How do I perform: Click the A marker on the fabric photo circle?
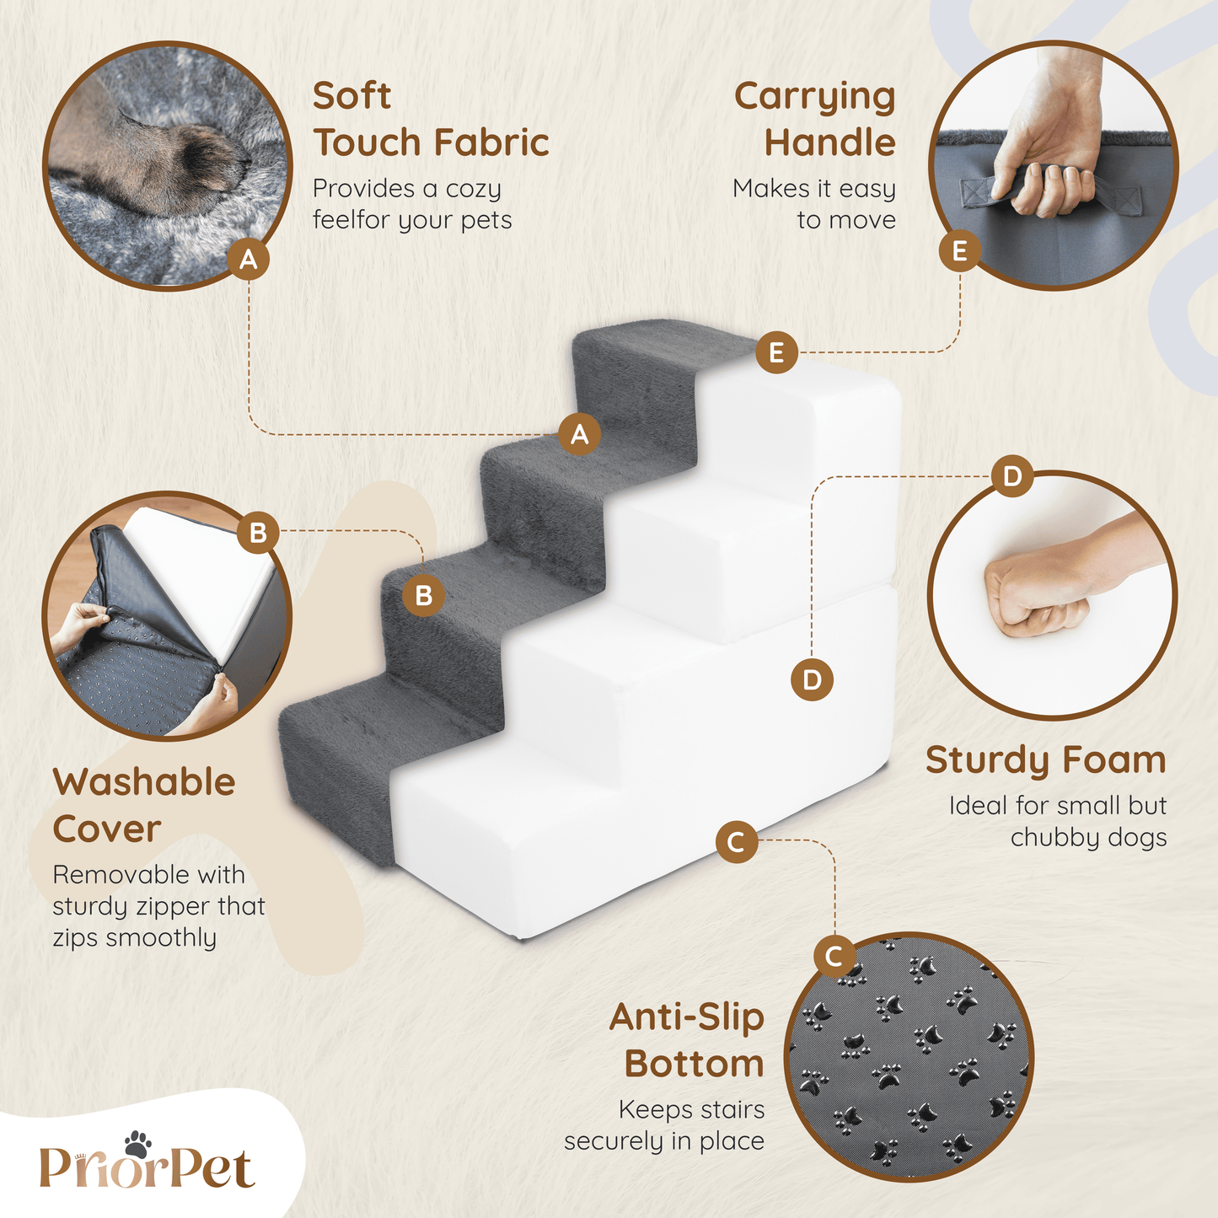pyautogui.click(x=249, y=259)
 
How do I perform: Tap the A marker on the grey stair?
pyautogui.click(x=579, y=434)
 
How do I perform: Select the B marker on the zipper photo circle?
pyautogui.click(x=258, y=533)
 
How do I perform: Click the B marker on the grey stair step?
pyautogui.click(x=423, y=595)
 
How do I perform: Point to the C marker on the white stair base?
pyautogui.click(x=737, y=842)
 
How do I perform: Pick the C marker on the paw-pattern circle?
pyautogui.click(x=834, y=956)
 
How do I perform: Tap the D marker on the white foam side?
pyautogui.click(x=812, y=679)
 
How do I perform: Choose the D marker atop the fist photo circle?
pyautogui.click(x=1012, y=476)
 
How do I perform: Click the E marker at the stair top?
pyautogui.click(x=776, y=352)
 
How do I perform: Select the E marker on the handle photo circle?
pyautogui.click(x=959, y=251)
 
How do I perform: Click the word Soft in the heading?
pyautogui.click(x=352, y=95)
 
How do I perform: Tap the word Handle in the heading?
pyautogui.click(x=829, y=142)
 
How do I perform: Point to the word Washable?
pyautogui.click(x=144, y=782)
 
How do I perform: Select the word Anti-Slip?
pyautogui.click(x=687, y=1017)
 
